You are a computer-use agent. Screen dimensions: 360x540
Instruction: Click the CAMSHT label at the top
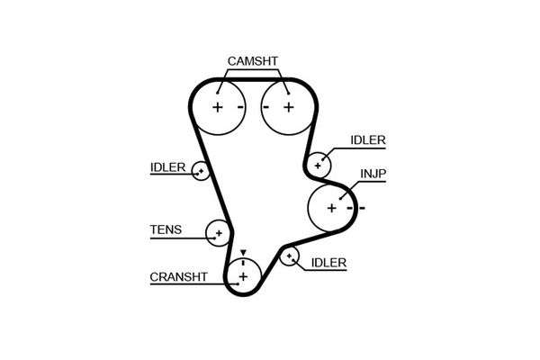coord(253,61)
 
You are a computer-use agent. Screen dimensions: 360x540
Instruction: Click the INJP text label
coord(373,172)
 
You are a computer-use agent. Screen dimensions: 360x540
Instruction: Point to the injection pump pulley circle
coord(331,208)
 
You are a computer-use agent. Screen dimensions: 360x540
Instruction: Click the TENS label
coord(165,229)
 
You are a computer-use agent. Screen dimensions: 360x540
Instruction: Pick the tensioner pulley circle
coord(218,233)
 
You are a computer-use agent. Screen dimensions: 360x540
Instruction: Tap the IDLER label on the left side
coord(167,167)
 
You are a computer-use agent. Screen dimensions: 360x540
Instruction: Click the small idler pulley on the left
coord(202,169)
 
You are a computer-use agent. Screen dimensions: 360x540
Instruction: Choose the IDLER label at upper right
coord(367,139)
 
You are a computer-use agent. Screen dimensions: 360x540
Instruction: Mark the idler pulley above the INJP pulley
coord(318,166)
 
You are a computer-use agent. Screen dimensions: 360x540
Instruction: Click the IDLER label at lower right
coord(328,263)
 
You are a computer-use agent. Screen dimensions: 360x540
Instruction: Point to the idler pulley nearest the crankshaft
coord(289,258)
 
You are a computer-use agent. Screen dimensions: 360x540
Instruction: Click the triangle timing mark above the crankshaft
coord(242,253)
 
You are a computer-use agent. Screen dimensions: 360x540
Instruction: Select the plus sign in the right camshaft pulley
coord(288,107)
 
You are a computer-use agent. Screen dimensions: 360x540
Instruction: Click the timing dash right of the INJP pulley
coord(362,208)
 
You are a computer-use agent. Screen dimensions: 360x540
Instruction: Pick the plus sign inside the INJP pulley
coord(331,208)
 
